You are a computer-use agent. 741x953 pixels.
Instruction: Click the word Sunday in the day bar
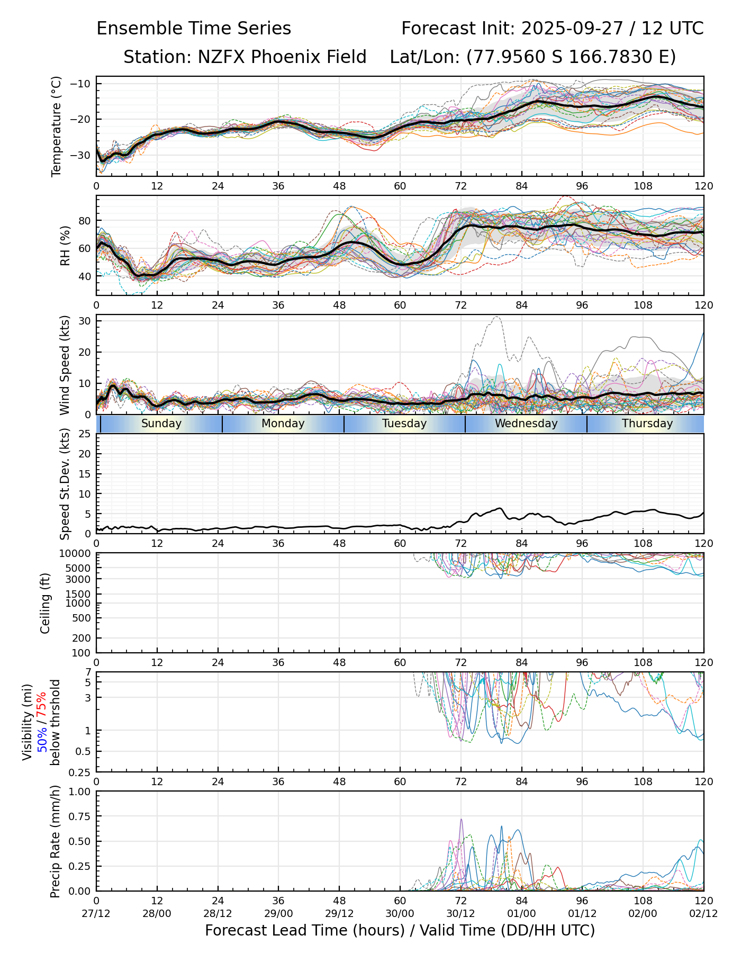161,424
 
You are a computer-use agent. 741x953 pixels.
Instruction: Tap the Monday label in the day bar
283,424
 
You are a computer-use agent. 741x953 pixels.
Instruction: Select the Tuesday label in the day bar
404,424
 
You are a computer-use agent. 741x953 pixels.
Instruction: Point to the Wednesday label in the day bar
526,424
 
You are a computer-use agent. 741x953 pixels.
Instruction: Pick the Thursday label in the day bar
647,424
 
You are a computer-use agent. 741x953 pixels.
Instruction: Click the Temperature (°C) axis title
57,126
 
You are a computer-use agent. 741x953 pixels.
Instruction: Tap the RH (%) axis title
65,246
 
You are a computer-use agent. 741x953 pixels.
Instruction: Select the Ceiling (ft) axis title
46,603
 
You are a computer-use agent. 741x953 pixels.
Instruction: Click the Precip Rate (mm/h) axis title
55,841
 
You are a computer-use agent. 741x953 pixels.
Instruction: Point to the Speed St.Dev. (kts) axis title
65,483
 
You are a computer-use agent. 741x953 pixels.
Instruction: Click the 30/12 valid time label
460,914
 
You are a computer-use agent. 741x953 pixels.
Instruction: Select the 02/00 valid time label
643,914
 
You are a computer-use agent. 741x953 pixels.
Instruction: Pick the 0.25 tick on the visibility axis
80,772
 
